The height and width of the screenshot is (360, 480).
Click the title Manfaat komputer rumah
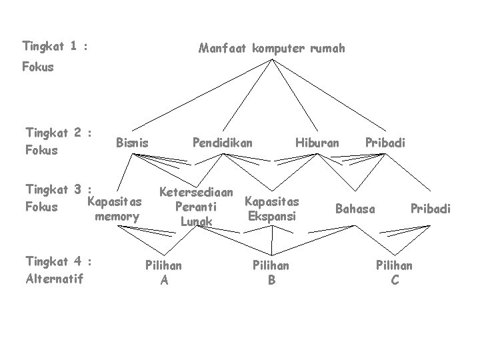tap(272, 48)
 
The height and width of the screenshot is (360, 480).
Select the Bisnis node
tap(132, 142)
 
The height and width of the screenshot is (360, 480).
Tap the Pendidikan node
tap(223, 142)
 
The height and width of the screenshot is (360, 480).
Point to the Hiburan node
tap(317, 142)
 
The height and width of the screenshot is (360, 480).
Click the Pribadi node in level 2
tap(385, 142)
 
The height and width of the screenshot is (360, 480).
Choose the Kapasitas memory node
tap(115, 209)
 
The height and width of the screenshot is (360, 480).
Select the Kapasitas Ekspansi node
tap(272, 208)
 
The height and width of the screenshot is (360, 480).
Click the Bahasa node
tap(355, 209)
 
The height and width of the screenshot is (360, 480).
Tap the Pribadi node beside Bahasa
tap(431, 209)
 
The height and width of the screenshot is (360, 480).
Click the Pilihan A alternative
tap(164, 273)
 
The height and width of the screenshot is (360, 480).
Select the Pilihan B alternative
tap(271, 273)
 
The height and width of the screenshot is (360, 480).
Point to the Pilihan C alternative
tap(395, 273)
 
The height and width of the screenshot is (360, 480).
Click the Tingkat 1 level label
tap(56, 47)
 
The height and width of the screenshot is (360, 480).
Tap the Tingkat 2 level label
tap(57, 132)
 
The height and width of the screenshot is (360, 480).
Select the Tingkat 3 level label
tap(57, 189)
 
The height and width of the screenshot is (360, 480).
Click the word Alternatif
tap(54, 279)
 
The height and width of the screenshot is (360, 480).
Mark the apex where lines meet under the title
tap(273, 60)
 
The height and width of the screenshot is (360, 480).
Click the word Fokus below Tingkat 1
tap(38, 67)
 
